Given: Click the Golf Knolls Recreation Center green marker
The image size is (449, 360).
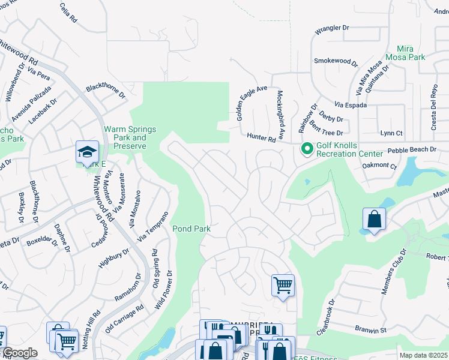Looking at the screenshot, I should click(x=307, y=148).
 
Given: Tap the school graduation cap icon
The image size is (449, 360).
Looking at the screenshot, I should click(x=87, y=152).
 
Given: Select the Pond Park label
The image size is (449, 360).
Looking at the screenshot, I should click(x=191, y=229).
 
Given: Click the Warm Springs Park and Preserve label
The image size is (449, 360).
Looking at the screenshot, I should click(x=130, y=137).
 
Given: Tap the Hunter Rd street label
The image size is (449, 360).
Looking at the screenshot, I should click(x=263, y=138).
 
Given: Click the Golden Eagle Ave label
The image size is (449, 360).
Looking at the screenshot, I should click(x=252, y=103).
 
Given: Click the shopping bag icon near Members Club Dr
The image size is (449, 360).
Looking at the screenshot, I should click(x=374, y=220).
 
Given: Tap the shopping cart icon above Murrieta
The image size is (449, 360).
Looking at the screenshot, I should click(x=283, y=285).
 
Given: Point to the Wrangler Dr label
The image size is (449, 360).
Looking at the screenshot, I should click(x=332, y=28).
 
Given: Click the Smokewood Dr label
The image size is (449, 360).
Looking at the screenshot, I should click(x=336, y=62).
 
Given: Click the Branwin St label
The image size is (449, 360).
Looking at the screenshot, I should click(x=370, y=330).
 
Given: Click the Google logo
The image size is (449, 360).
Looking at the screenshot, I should click(x=20, y=353).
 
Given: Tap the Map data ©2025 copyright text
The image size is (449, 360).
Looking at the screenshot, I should click(x=423, y=355).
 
